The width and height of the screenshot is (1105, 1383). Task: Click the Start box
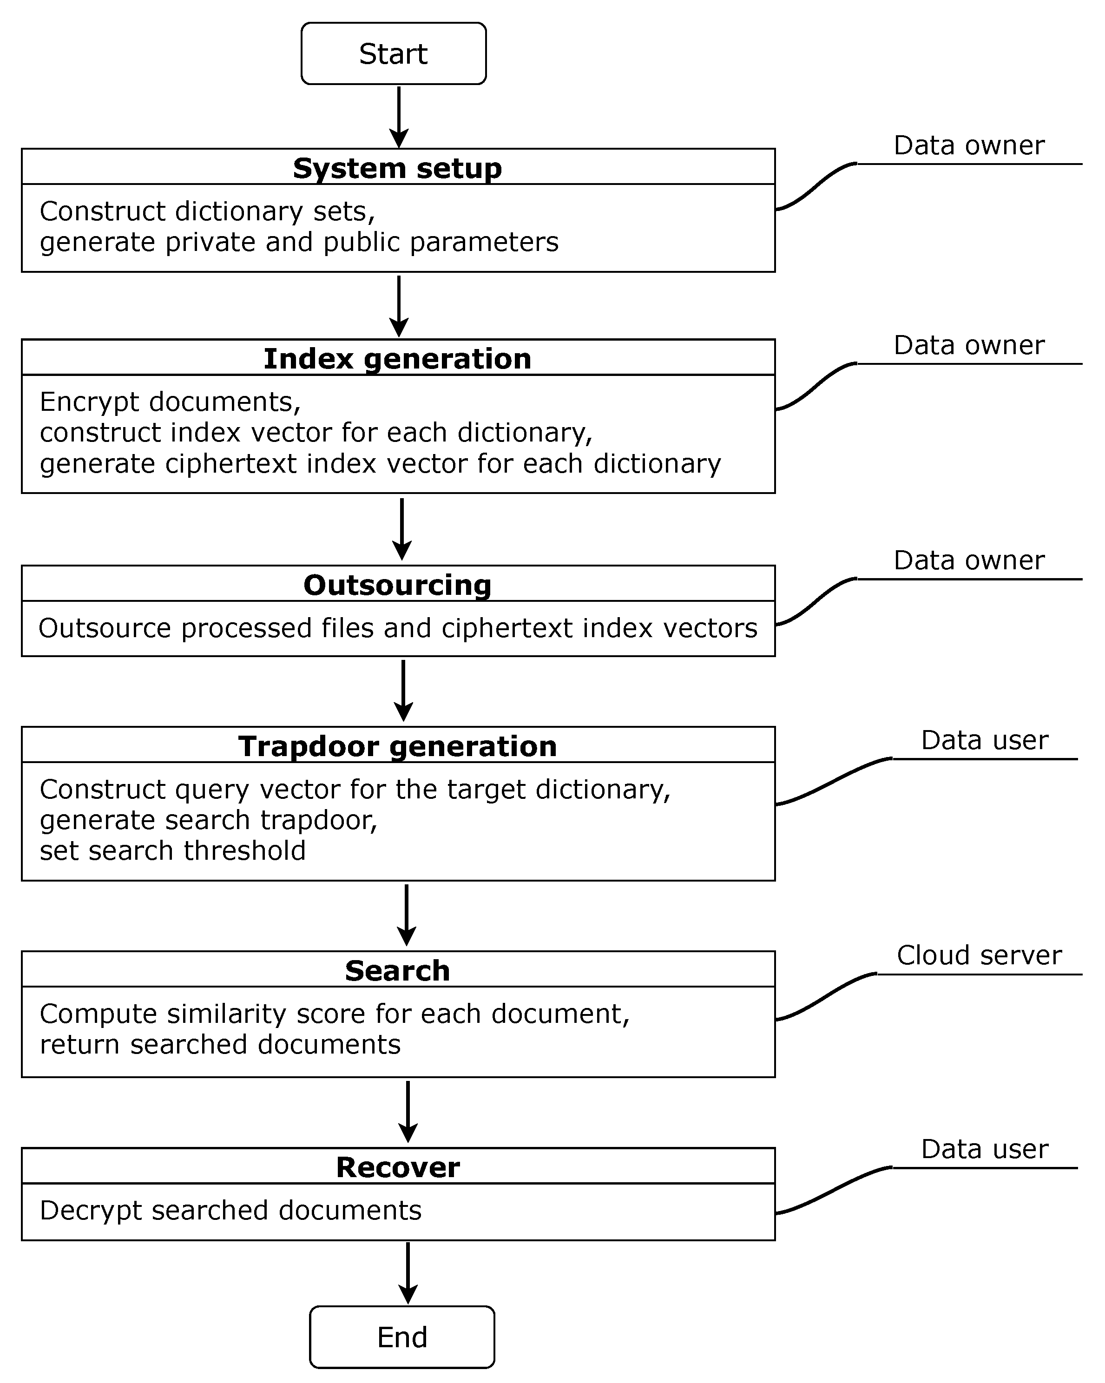[393, 54]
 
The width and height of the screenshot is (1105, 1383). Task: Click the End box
[402, 1337]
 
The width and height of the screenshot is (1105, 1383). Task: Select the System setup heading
[398, 168]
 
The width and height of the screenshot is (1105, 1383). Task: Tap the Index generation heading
[398, 359]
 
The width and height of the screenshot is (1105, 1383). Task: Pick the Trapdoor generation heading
[398, 746]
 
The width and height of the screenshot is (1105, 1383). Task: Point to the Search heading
[398, 970]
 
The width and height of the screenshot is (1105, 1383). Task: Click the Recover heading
[398, 1167]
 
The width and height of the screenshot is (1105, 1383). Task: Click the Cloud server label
[979, 955]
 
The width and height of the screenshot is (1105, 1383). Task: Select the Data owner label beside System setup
[969, 145]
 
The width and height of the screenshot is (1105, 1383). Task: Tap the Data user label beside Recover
[985, 1149]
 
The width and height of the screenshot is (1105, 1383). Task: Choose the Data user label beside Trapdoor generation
[985, 740]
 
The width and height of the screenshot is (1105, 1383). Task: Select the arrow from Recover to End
[408, 1273]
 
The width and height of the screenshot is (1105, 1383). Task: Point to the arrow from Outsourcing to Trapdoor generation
[403, 690]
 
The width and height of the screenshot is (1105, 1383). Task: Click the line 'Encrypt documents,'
[170, 402]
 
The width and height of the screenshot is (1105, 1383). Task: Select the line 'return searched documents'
[220, 1044]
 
